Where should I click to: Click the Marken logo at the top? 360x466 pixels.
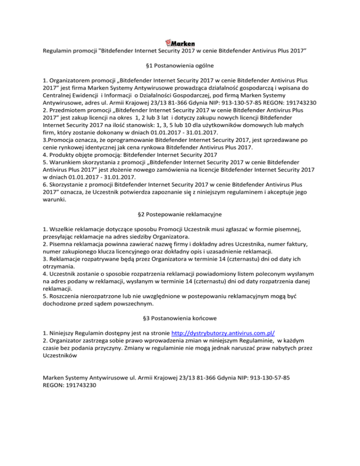click(x=180, y=43)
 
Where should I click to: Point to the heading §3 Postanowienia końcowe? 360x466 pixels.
click(x=180, y=319)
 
